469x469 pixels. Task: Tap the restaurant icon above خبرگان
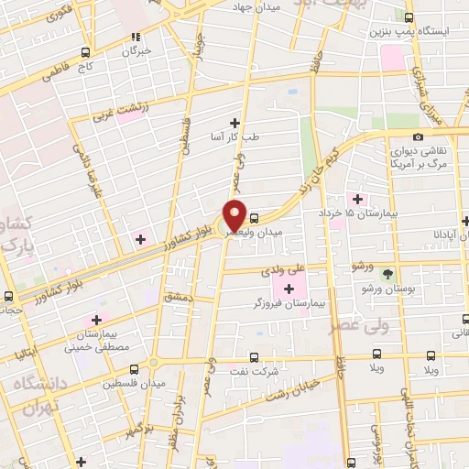coord(135,38)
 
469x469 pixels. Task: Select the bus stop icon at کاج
coord(85,52)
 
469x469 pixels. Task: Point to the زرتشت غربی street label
coord(118,115)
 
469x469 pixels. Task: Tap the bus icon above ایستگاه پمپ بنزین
coord(409,17)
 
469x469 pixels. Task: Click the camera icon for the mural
coord(419,136)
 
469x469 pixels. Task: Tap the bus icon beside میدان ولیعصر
coord(255,218)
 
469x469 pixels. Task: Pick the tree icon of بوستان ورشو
coord(388,274)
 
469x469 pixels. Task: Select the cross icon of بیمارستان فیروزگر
coord(289,289)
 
